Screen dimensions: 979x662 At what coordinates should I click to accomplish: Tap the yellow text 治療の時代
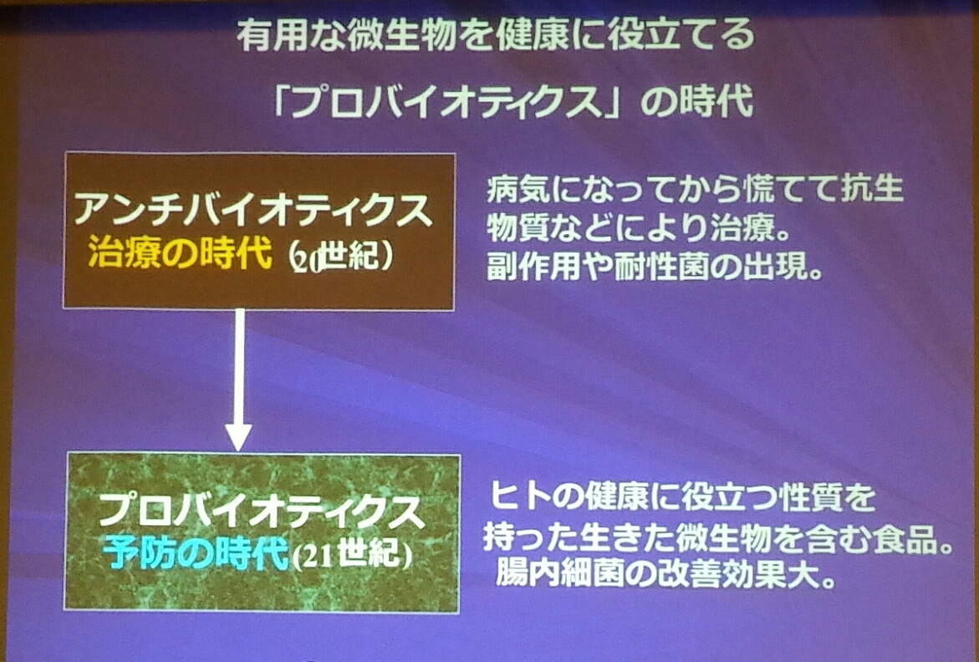[x=181, y=252]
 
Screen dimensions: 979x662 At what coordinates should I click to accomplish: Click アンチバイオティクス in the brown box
[x=252, y=210]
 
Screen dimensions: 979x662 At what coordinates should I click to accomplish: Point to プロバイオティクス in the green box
[x=261, y=511]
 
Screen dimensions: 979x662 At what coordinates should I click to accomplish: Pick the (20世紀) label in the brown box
[x=343, y=255]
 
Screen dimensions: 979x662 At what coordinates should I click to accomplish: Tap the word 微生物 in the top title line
[x=401, y=37]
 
